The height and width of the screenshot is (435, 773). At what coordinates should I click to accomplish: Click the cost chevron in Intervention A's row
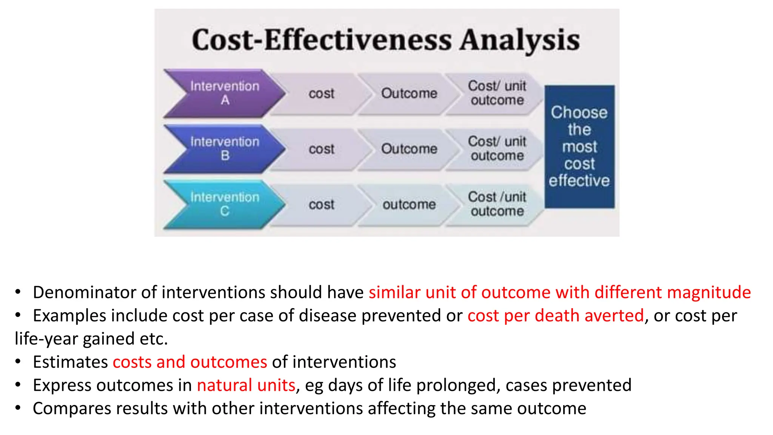tap(321, 93)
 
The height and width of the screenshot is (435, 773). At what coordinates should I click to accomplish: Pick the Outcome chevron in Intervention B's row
tap(409, 148)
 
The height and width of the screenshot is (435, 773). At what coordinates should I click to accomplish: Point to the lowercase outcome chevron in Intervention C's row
tap(409, 204)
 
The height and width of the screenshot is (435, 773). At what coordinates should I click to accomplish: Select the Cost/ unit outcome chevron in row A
tap(497, 93)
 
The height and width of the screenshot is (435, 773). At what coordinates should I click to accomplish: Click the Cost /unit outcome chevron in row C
tap(497, 204)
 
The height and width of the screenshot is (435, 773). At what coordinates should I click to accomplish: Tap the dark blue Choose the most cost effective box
tap(579, 147)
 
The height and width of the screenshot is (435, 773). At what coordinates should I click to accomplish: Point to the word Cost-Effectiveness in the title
tap(321, 40)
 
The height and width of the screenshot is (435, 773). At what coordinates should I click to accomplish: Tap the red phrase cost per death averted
tap(555, 316)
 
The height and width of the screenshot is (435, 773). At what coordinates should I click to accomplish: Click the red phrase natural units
tap(246, 385)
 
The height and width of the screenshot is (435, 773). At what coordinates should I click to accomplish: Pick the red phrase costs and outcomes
tap(190, 362)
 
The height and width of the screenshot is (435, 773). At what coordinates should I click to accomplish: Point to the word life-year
tap(46, 339)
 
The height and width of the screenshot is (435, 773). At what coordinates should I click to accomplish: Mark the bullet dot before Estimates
tap(18, 362)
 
